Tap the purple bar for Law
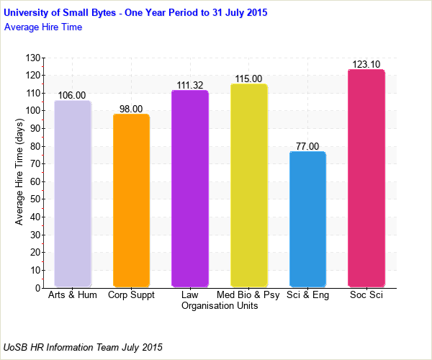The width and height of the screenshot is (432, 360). [190, 189]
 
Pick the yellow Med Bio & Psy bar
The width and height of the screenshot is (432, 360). [249, 185]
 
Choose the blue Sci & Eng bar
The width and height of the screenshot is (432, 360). [307, 219]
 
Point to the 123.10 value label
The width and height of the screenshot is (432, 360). [366, 64]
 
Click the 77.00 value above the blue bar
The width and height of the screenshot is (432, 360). [307, 146]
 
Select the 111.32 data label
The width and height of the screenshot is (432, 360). [190, 85]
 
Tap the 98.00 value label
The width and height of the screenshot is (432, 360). [132, 109]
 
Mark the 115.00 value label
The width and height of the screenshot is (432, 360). [249, 78]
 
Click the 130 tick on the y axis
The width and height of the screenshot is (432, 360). [32, 58]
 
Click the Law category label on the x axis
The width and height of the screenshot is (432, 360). [190, 295]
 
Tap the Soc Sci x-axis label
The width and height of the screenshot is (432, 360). [366, 295]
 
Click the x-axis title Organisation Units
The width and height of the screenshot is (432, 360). [220, 305]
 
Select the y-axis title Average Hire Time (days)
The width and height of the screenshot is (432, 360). [19, 173]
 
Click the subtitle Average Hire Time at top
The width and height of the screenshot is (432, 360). [43, 27]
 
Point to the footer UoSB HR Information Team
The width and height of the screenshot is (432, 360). [83, 347]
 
